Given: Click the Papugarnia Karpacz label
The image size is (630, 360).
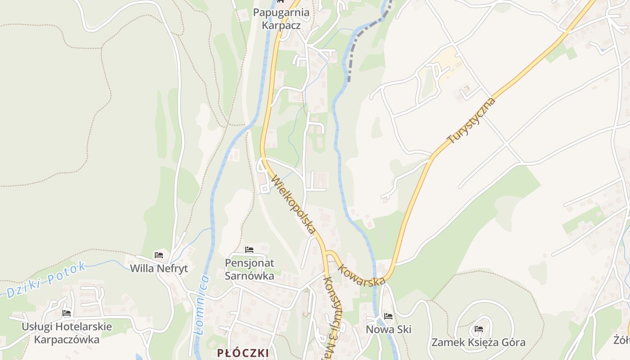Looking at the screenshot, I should coord(281,18).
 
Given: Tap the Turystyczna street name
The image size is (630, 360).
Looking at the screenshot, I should coord(472,121).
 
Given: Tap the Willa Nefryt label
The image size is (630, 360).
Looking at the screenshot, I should coord(159,269).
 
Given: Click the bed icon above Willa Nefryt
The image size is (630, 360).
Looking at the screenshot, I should coord(158,255).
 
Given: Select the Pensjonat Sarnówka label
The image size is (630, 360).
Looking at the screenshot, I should coord(249,269).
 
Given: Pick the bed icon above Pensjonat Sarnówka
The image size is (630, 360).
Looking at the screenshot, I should coord(249,250).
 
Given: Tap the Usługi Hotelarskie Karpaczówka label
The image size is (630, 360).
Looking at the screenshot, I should coord(67,333).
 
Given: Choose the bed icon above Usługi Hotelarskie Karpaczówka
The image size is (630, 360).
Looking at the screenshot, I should coord(67,313).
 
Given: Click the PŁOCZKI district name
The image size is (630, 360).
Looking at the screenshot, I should coord(243,353).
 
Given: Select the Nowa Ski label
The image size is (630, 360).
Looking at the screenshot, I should coord(388,329).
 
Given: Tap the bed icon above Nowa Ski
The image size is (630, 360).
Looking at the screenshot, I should coord(388,316).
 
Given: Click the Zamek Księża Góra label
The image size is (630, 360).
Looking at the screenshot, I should coord(478,342).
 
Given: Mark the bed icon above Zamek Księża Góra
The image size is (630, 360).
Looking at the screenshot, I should coord(478,329).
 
